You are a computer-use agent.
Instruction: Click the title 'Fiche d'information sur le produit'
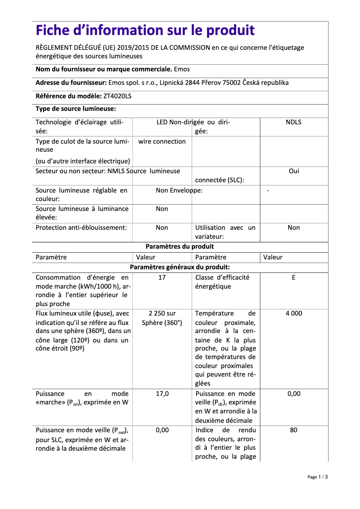point(145,31)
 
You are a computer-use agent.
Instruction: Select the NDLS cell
point(294,122)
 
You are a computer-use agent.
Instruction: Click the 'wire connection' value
point(162,141)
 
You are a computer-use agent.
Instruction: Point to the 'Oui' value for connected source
point(294,171)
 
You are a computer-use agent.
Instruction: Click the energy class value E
point(294,277)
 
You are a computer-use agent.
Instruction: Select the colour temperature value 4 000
point(294,313)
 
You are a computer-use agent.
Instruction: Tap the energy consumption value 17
point(162,277)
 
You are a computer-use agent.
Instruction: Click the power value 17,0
point(162,394)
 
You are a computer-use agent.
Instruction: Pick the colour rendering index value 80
point(294,430)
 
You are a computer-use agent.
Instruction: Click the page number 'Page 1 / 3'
point(317,477)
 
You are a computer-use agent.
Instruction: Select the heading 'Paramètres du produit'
point(180,246)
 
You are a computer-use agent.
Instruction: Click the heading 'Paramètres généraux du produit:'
point(180,267)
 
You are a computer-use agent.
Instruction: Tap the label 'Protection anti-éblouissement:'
point(81,228)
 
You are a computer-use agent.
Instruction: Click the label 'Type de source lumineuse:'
point(76,109)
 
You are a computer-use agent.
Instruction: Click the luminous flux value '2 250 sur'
point(162,313)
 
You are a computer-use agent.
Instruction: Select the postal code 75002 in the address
point(233,83)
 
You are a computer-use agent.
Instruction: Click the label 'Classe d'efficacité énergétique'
point(222,282)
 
